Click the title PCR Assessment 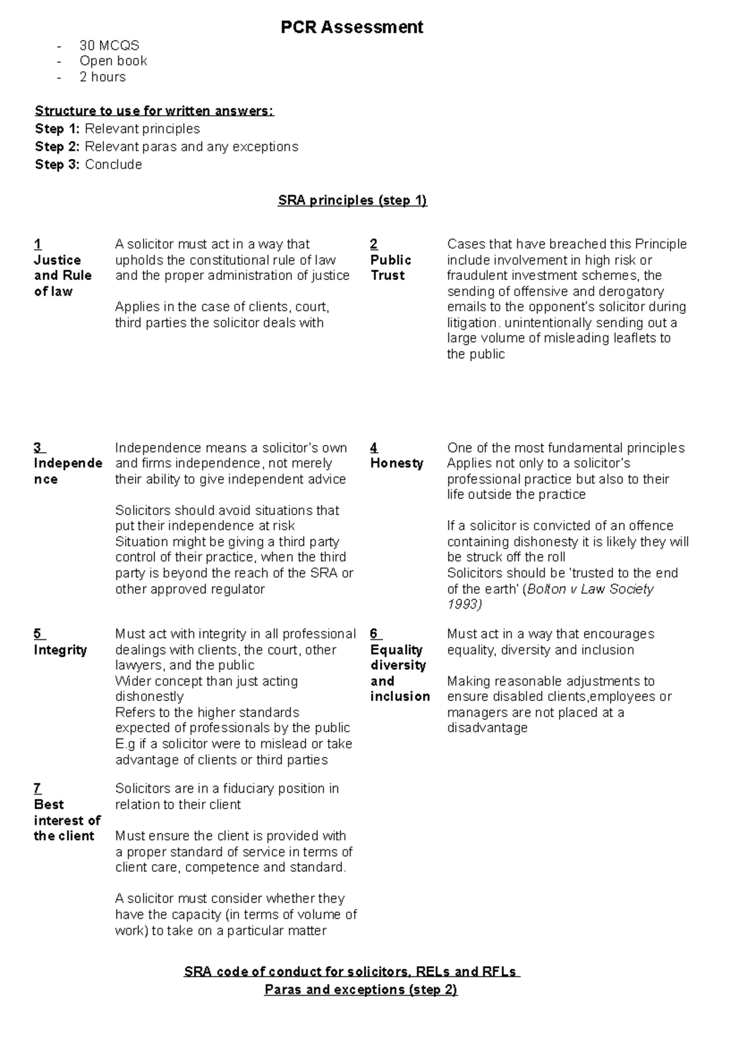352,28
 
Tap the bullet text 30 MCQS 109,46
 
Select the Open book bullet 113,61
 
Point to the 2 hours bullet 102,77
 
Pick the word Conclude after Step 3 113,165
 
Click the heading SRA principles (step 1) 352,201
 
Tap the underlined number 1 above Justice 38,245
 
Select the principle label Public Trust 390,268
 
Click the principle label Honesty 397,463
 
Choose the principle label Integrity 60,650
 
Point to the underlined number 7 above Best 38,789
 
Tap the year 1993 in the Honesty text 464,604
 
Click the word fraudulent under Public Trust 479,276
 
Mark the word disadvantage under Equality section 487,728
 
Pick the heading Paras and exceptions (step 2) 360,990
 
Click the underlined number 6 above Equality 374,635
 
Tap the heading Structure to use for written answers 154,111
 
